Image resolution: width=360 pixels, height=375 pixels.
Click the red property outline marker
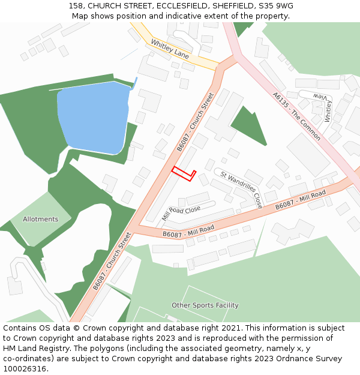[184, 173]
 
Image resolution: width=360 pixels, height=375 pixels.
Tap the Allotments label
[41, 219]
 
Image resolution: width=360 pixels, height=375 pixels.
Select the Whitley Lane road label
[170, 49]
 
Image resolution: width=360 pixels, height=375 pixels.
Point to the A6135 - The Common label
[296, 116]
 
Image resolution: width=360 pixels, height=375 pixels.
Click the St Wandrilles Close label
[241, 189]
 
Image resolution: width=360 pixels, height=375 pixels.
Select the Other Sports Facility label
[205, 305]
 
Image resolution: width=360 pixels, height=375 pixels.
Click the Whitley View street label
[325, 107]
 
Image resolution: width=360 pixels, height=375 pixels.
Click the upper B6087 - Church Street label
[195, 122]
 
